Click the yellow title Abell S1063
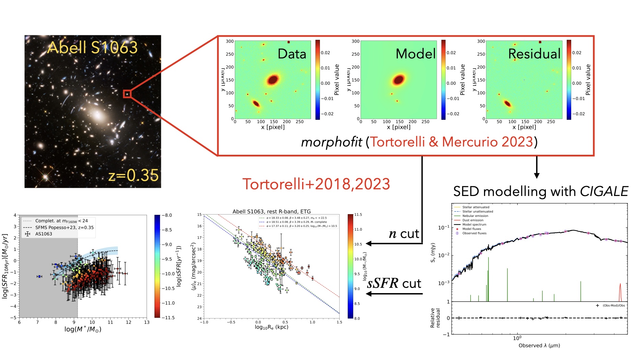pyautogui.click(x=92, y=47)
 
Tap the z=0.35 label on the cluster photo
pyautogui.click(x=134, y=175)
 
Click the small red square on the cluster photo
pyautogui.click(x=127, y=94)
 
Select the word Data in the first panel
pyautogui.click(x=291, y=54)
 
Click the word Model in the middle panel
pyautogui.click(x=415, y=54)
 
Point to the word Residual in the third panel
pyautogui.click(x=534, y=54)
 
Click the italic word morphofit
pyautogui.click(x=331, y=142)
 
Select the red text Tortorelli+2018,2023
pyautogui.click(x=316, y=184)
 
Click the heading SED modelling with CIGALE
pyautogui.click(x=540, y=191)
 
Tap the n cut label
pyautogui.click(x=404, y=234)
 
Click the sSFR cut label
pyautogui.click(x=394, y=284)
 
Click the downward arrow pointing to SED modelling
pyautogui.click(x=537, y=168)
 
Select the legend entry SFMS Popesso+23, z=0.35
pyautogui.click(x=64, y=228)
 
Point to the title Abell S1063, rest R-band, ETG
pyautogui.click(x=271, y=211)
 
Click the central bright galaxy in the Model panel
pyautogui.click(x=399, y=80)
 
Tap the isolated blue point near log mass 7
pyautogui.click(x=39, y=276)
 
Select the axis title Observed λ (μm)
pyautogui.click(x=539, y=346)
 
